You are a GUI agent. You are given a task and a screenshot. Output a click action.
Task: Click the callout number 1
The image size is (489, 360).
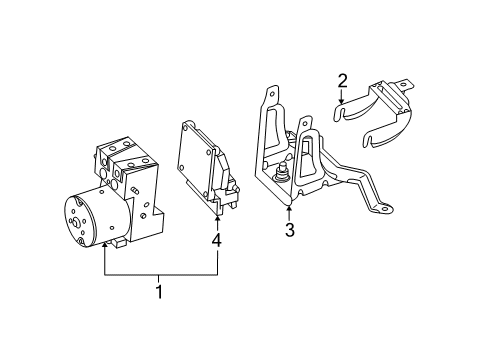coord(159,291)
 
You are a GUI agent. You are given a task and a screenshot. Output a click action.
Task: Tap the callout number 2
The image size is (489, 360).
coord(342,81)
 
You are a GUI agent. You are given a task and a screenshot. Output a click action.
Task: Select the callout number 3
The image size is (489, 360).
coord(290,230)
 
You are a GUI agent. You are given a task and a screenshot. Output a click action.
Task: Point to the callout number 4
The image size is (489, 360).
coord(217,240)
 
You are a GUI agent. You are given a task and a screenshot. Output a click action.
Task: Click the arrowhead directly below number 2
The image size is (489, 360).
coord(341,101)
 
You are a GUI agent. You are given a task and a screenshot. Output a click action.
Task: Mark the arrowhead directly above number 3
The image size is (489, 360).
coord(289,208)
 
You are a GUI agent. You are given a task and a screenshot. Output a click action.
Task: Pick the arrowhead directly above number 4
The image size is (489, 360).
coord(218,218)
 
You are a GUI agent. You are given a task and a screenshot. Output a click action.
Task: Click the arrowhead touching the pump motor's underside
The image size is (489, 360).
coord(105,245)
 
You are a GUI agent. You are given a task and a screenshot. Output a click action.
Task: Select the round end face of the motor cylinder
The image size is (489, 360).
coord(79,223)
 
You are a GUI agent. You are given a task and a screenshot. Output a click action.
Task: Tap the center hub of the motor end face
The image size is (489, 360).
coord(76,223)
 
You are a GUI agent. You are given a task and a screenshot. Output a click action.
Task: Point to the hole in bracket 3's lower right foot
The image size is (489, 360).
coord(386,209)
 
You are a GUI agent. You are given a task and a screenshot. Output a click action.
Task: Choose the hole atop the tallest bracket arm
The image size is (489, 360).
coord(273,93)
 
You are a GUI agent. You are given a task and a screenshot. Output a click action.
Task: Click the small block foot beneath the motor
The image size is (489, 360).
coord(119,243)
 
